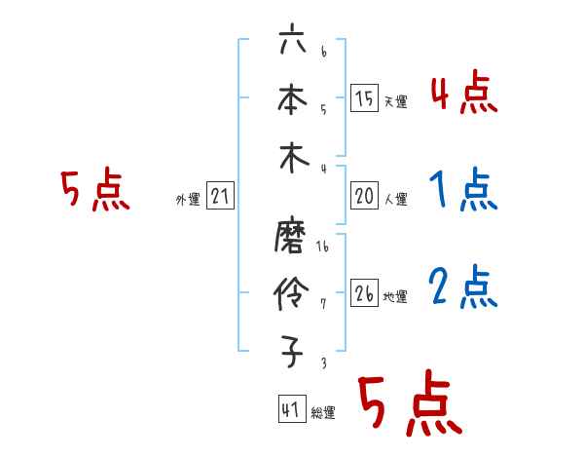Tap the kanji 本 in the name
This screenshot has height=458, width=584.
pyautogui.click(x=292, y=99)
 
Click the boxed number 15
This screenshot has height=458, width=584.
pyautogui.click(x=364, y=98)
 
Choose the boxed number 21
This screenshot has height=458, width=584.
pyautogui.click(x=220, y=197)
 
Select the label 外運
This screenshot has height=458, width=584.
pyautogui.click(x=188, y=200)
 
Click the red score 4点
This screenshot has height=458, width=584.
pyautogui.click(x=463, y=95)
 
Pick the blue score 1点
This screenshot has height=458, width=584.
pyautogui.click(x=463, y=190)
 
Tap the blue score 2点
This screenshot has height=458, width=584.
pyautogui.click(x=463, y=286)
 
